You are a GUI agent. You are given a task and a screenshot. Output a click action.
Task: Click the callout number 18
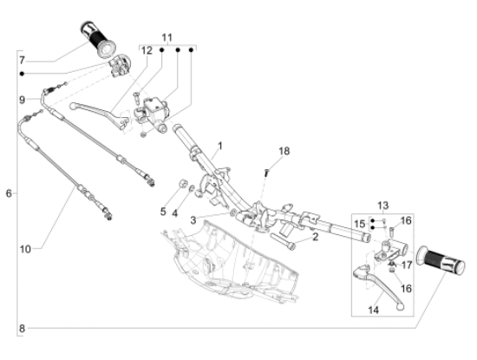(284, 151)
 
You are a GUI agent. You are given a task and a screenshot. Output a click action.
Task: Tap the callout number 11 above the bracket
(167, 37)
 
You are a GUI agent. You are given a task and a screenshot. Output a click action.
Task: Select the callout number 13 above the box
(383, 206)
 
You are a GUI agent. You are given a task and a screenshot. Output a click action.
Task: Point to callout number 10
(25, 249)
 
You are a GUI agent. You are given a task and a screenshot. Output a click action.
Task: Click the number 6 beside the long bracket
(10, 193)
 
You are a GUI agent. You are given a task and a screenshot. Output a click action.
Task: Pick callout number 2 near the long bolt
(315, 237)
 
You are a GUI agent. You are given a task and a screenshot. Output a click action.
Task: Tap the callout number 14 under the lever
(373, 310)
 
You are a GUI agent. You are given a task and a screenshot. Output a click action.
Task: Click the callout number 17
(407, 265)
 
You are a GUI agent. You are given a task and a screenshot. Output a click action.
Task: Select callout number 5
(163, 212)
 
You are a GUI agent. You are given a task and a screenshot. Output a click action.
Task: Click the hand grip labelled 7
(98, 39)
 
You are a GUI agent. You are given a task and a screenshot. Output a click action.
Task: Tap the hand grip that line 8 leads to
(441, 260)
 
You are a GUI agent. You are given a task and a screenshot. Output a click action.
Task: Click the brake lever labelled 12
(100, 115)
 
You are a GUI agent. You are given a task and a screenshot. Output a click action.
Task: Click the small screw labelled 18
(267, 173)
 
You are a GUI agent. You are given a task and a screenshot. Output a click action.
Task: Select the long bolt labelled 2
(282, 241)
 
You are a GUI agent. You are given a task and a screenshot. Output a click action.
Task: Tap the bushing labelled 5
(182, 184)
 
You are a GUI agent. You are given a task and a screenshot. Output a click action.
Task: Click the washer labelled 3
(232, 213)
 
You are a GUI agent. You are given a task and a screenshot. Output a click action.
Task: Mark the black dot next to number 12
(162, 50)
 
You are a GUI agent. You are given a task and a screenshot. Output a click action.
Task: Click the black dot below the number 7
(22, 74)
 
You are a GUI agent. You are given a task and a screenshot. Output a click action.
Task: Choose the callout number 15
(360, 224)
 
